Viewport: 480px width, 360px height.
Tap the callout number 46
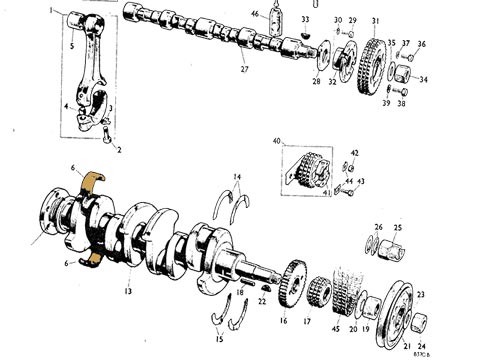pos(255,14)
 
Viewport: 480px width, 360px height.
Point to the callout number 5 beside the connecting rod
pos(71,46)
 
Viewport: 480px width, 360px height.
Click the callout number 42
pos(354,153)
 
